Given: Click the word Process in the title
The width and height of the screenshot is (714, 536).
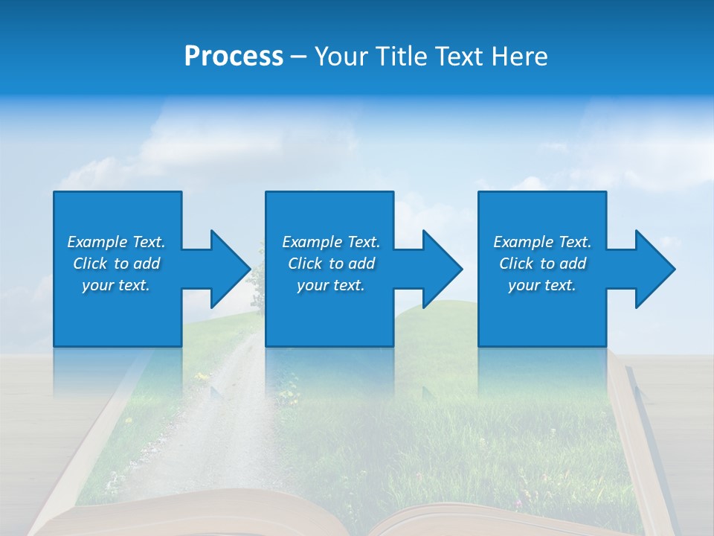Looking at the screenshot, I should coord(234,57).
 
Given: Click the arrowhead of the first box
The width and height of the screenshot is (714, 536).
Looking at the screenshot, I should coord(231,269).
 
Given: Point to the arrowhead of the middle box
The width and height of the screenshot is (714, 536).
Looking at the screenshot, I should coord(443,269).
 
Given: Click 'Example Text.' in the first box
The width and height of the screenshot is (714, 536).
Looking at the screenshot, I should coord(116,242).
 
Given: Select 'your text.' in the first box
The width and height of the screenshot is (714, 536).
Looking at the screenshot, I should coord(116,285).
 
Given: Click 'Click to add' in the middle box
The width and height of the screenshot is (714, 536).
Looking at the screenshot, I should coord(331,264).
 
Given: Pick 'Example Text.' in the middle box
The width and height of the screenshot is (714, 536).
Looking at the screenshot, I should coord(331,242).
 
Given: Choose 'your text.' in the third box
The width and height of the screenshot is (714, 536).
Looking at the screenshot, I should coord(542,285).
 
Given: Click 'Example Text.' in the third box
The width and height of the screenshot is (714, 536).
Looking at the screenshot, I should coord(542,242).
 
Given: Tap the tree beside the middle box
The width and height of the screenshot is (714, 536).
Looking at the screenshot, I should coord(257,283).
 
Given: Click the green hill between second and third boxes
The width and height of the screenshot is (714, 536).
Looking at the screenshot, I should coord(435,320).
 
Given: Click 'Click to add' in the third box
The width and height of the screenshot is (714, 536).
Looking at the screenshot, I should coord(542,264).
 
